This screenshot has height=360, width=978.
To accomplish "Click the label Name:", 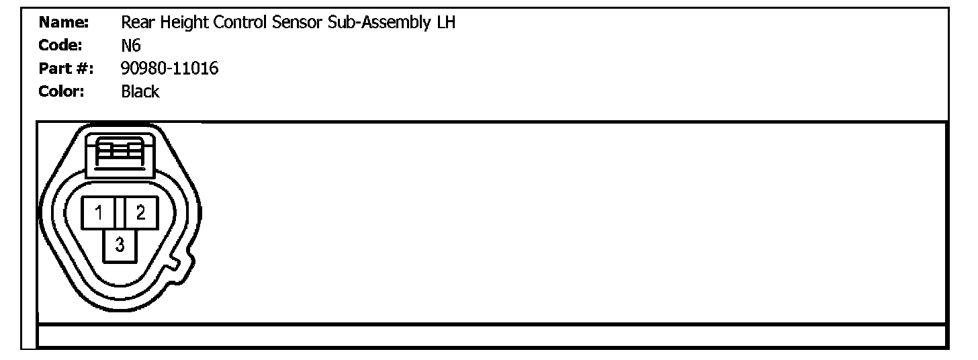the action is click(64, 23).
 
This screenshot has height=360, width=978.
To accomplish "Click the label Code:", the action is click(60, 46).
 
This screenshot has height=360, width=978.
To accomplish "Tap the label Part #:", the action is click(66, 69).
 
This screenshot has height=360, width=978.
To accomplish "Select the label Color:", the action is click(62, 91).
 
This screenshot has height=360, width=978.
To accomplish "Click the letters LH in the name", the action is click(445, 23).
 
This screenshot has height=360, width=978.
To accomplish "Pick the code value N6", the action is click(131, 46).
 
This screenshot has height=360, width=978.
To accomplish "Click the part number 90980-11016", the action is click(170, 69).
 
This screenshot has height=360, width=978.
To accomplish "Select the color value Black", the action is click(140, 91).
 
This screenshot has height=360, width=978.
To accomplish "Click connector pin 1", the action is click(99, 214).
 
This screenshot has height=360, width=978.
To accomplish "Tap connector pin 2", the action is click(140, 214).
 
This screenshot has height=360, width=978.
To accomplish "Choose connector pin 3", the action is click(120, 246).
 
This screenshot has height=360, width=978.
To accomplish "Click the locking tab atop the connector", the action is click(120, 151).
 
